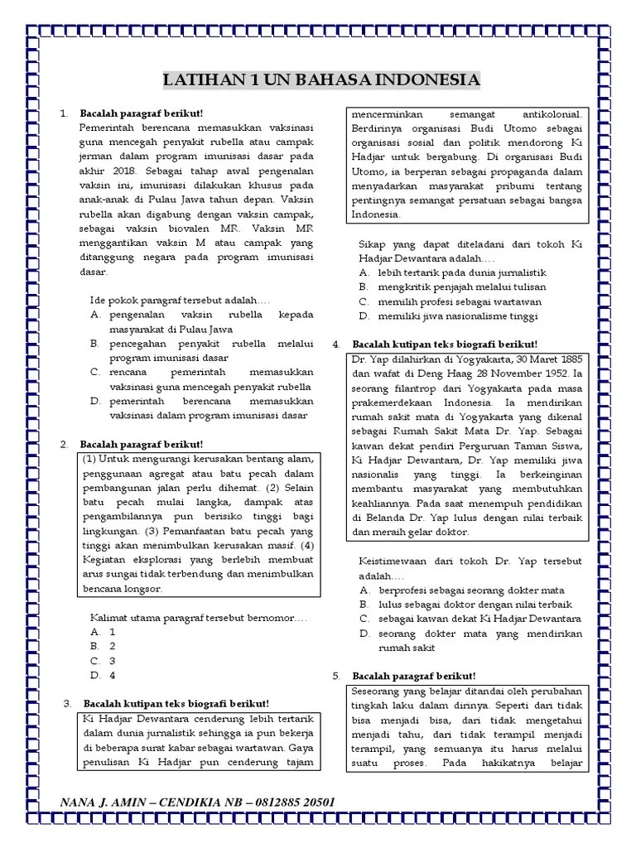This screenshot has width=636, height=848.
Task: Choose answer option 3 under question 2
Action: (x=113, y=660)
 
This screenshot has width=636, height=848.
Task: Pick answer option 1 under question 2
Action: (x=113, y=630)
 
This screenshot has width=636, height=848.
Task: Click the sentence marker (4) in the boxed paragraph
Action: (x=307, y=546)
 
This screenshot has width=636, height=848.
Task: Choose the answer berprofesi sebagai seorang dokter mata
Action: (x=471, y=590)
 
